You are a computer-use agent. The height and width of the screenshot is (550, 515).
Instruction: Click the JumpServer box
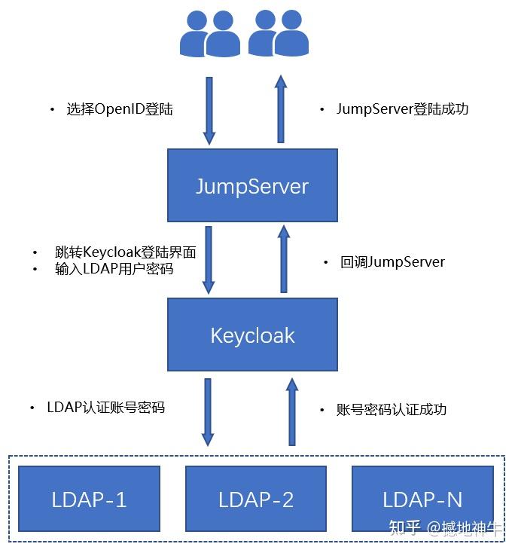pos(251,185)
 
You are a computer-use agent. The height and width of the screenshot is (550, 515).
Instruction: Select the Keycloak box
pos(251,335)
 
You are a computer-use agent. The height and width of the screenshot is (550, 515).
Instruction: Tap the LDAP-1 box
pos(89,499)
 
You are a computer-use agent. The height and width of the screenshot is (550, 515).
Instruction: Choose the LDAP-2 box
pos(256,499)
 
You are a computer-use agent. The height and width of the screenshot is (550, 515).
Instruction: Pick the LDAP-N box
pos(422,499)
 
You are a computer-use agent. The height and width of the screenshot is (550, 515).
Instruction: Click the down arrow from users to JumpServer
pos(209,110)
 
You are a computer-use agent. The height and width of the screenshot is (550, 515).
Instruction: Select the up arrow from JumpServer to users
pos(281,108)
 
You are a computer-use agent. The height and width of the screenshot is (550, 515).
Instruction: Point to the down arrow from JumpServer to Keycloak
pos(209,259)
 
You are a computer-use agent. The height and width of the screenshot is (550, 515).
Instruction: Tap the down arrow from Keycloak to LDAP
pos(208,411)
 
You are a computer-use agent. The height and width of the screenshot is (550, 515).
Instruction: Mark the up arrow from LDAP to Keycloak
pos(291,411)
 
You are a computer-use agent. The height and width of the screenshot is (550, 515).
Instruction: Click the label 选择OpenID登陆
pos(119,109)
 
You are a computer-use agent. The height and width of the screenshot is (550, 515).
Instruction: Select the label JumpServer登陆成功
pos(402,109)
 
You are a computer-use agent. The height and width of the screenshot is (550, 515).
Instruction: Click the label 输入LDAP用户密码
pos(114,268)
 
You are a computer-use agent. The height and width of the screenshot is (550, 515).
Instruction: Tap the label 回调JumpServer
pos(392,262)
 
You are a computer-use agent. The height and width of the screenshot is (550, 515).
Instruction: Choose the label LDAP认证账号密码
pos(105,408)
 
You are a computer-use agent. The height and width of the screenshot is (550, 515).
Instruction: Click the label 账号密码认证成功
pos(392,410)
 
